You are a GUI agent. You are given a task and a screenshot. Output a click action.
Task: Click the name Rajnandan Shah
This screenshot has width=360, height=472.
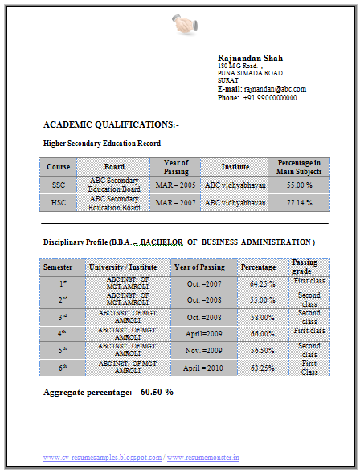pyautogui.click(x=250, y=58)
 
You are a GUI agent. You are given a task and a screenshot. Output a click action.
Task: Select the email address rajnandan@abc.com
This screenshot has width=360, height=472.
pyautogui.click(x=275, y=89)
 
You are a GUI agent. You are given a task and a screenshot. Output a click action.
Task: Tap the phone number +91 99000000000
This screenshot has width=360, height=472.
pyautogui.click(x=270, y=98)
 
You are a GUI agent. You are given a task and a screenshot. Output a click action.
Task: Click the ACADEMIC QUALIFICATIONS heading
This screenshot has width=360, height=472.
pyautogui.click(x=112, y=124)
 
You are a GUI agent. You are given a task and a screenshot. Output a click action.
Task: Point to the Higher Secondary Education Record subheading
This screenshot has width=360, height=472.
pyautogui.click(x=102, y=144)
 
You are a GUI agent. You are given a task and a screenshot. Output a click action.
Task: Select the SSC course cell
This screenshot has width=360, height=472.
pyautogui.click(x=58, y=185)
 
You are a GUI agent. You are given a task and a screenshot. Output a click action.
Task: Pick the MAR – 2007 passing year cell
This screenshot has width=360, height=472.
pyautogui.click(x=176, y=203)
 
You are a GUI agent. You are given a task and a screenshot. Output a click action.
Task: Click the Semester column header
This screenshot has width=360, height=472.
pyautogui.click(x=58, y=267)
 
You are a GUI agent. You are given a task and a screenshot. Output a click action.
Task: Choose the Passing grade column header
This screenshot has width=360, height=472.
pyautogui.click(x=305, y=267)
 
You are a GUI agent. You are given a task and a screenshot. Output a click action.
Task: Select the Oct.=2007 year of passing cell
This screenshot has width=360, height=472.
pyautogui.click(x=204, y=283)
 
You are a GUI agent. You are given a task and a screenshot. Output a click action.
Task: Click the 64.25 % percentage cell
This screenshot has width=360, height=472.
pyautogui.click(x=263, y=283)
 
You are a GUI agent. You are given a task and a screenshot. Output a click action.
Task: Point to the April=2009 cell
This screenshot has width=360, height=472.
pyautogui.click(x=204, y=333)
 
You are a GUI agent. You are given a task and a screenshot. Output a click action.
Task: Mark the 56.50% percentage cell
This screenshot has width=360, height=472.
pyautogui.click(x=263, y=351)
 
